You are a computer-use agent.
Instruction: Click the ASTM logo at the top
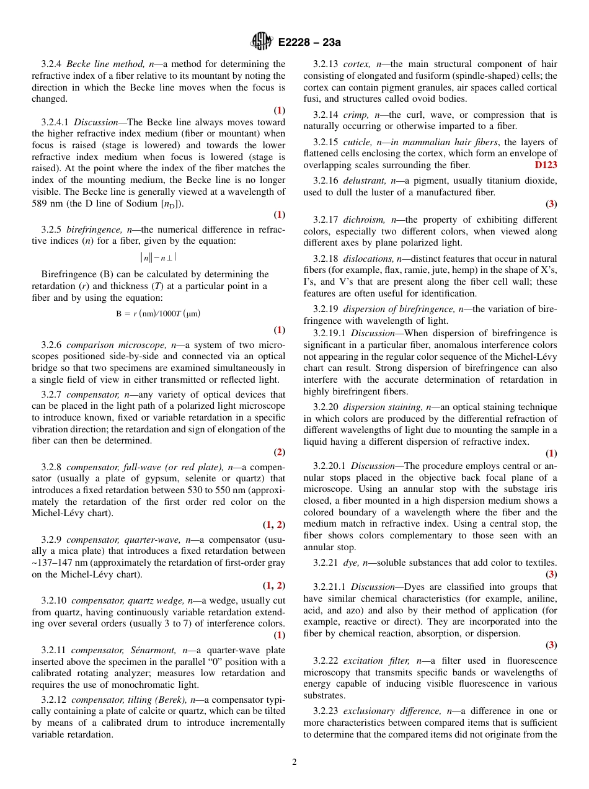coord(261,42)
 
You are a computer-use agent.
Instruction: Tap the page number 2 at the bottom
coord(294,762)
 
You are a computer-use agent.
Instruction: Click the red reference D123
coord(546,165)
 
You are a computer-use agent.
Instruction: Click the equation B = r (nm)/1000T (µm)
coord(158,313)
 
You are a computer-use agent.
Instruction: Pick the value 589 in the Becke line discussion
coord(39,203)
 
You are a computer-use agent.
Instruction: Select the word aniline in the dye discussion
coord(541,599)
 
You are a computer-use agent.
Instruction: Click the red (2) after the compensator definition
coord(280,452)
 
